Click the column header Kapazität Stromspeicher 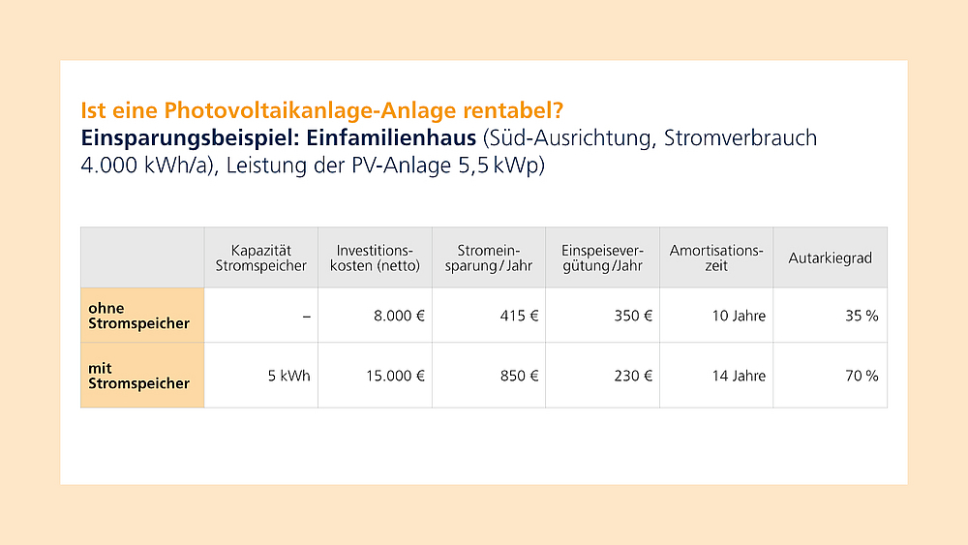261,257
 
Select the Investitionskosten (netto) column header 375,257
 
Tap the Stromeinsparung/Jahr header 489,257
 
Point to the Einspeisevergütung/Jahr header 602,257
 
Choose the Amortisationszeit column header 716,257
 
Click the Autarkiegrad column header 830,257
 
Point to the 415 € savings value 519,316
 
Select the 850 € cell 519,376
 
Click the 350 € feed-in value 633,316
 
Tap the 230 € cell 633,376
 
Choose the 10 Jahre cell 739,316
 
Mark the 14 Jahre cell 739,376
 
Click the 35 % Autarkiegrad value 862,316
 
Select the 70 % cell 862,376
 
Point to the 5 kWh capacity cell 289,376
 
